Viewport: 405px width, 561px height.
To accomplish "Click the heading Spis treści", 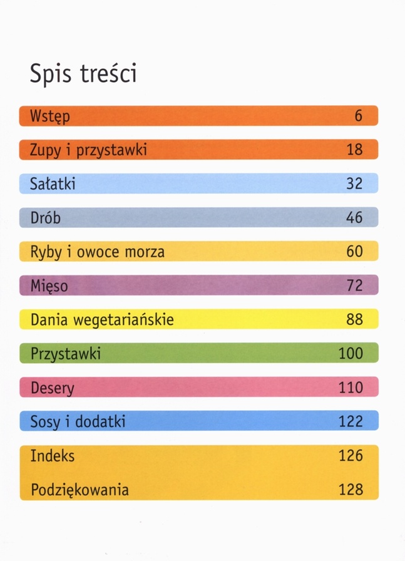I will click(83, 73).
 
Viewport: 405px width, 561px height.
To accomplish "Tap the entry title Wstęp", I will click(50, 116).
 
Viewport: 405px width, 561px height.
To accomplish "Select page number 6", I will click(359, 116).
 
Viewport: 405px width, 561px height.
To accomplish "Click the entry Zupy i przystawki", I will click(88, 150).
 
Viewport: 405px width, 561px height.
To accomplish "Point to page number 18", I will click(354, 150).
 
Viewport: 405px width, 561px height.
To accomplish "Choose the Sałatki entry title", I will click(53, 183).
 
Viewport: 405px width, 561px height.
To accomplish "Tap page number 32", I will click(354, 183).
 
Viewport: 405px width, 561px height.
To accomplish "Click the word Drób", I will click(46, 217).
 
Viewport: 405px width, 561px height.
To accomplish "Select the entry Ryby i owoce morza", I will click(97, 252).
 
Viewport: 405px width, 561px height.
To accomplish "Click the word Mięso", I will click(49, 286).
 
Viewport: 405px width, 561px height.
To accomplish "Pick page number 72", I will click(354, 286).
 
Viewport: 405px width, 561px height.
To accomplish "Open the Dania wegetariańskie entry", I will click(101, 320).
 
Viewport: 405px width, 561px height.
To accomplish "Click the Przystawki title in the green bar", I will click(66, 354).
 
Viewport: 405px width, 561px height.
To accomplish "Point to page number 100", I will click(351, 353).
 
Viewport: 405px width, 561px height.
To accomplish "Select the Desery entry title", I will click(52, 388).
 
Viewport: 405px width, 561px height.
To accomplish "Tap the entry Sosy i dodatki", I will click(78, 421).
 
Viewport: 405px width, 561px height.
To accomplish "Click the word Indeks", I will click(53, 455).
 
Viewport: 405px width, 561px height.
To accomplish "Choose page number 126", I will click(351, 455).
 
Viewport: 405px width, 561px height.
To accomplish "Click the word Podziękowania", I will click(79, 490).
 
